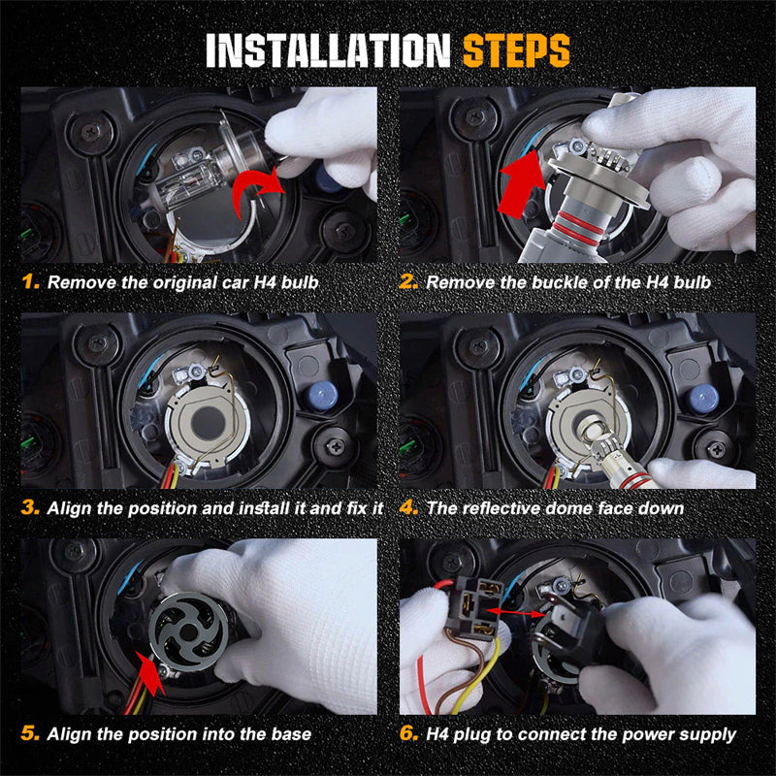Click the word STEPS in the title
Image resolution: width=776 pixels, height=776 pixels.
tap(516, 50)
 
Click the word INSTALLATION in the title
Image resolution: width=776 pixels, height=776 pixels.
tap(328, 50)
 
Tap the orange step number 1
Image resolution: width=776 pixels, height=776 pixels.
tap(31, 282)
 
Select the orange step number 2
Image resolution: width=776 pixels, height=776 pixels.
tap(408, 282)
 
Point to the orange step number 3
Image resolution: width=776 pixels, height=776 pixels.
tap(31, 507)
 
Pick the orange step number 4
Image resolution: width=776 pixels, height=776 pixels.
tap(408, 507)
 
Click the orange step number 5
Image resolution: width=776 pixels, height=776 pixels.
tap(30, 733)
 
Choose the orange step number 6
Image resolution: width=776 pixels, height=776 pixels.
tap(408, 733)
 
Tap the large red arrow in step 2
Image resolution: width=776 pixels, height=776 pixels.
tap(521, 184)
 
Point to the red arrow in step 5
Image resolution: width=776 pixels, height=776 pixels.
tap(152, 674)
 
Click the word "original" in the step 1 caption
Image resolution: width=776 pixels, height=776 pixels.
tap(184, 283)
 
